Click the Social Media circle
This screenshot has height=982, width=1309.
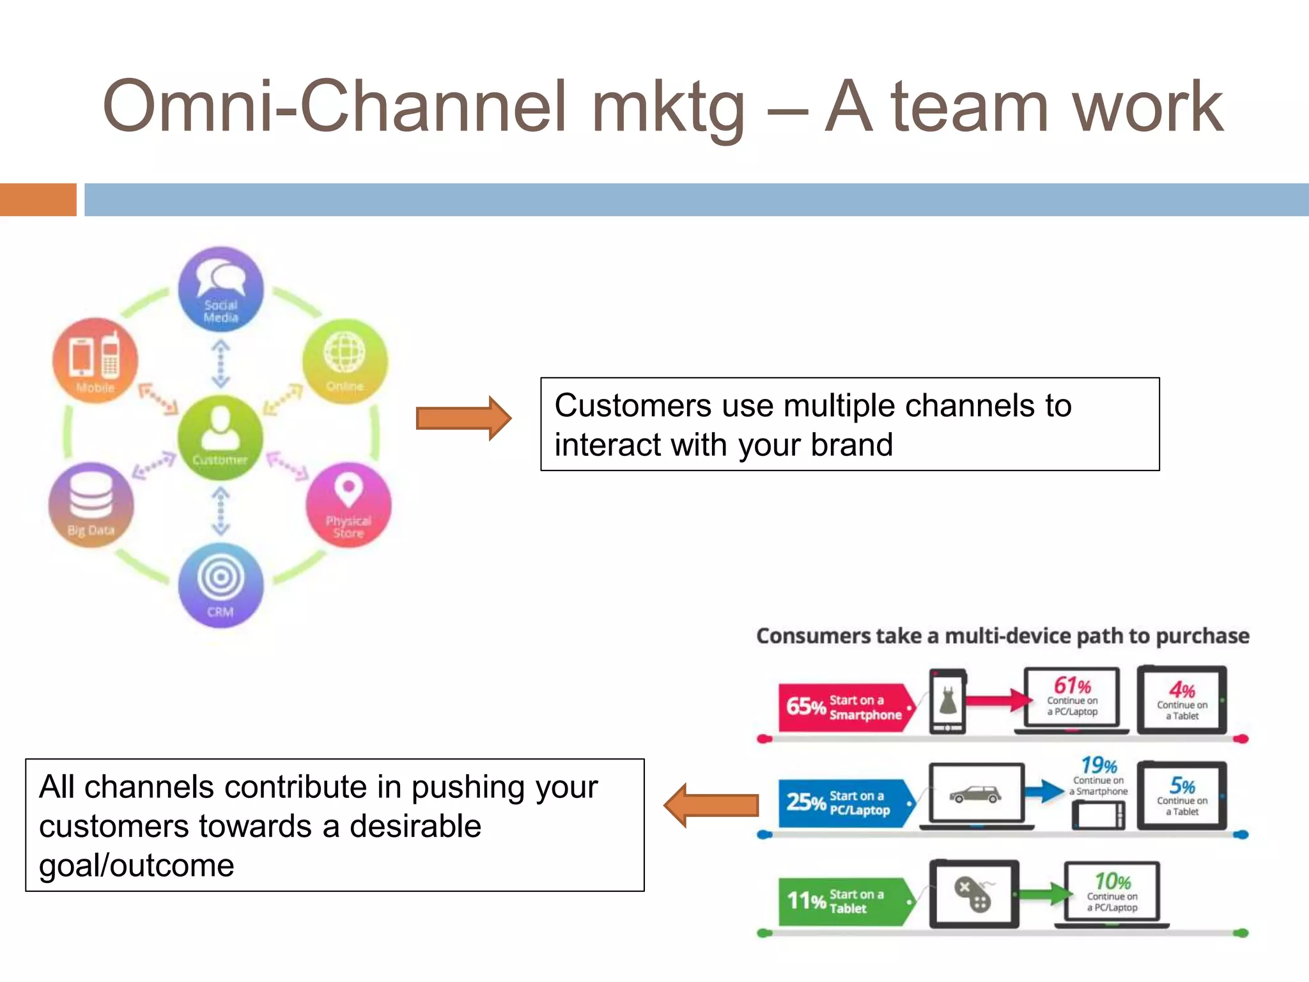(221, 289)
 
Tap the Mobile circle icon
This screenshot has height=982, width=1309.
(95, 360)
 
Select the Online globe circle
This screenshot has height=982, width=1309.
(345, 361)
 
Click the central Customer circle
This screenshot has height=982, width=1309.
(220, 437)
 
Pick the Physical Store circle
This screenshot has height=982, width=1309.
(348, 505)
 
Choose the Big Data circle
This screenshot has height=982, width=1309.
(91, 505)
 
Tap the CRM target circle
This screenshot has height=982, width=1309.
(221, 585)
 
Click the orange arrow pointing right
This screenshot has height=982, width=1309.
(463, 419)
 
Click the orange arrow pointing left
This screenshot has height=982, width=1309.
(711, 806)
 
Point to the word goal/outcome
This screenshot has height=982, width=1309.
(136, 866)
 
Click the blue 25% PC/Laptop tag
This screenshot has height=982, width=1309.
(842, 803)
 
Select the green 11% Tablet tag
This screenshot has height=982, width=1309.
(842, 901)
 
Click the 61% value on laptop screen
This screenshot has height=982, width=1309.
(1072, 686)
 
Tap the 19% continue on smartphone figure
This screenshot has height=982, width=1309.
(1099, 766)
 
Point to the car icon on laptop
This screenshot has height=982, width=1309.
(975, 795)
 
